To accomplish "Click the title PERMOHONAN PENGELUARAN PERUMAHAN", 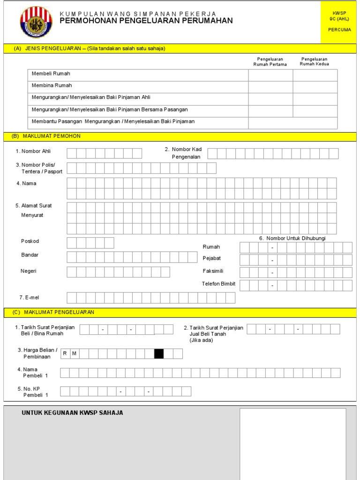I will point(146,21).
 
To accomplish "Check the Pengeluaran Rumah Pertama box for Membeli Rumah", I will point(270,75).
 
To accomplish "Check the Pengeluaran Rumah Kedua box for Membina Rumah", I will point(315,87).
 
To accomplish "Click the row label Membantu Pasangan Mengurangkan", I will point(113,121).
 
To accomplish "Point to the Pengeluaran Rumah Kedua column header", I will point(315,61).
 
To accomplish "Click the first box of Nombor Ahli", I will point(72,153).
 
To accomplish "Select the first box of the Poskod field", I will point(72,243).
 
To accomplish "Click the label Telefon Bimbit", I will point(218,284).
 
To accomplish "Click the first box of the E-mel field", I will point(72,298).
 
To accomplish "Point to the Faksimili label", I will point(213,271).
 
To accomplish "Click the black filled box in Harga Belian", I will point(159,353).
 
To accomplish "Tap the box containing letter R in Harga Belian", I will point(65,353).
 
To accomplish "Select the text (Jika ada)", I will point(202,340).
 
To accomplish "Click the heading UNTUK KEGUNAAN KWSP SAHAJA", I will point(72,412).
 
